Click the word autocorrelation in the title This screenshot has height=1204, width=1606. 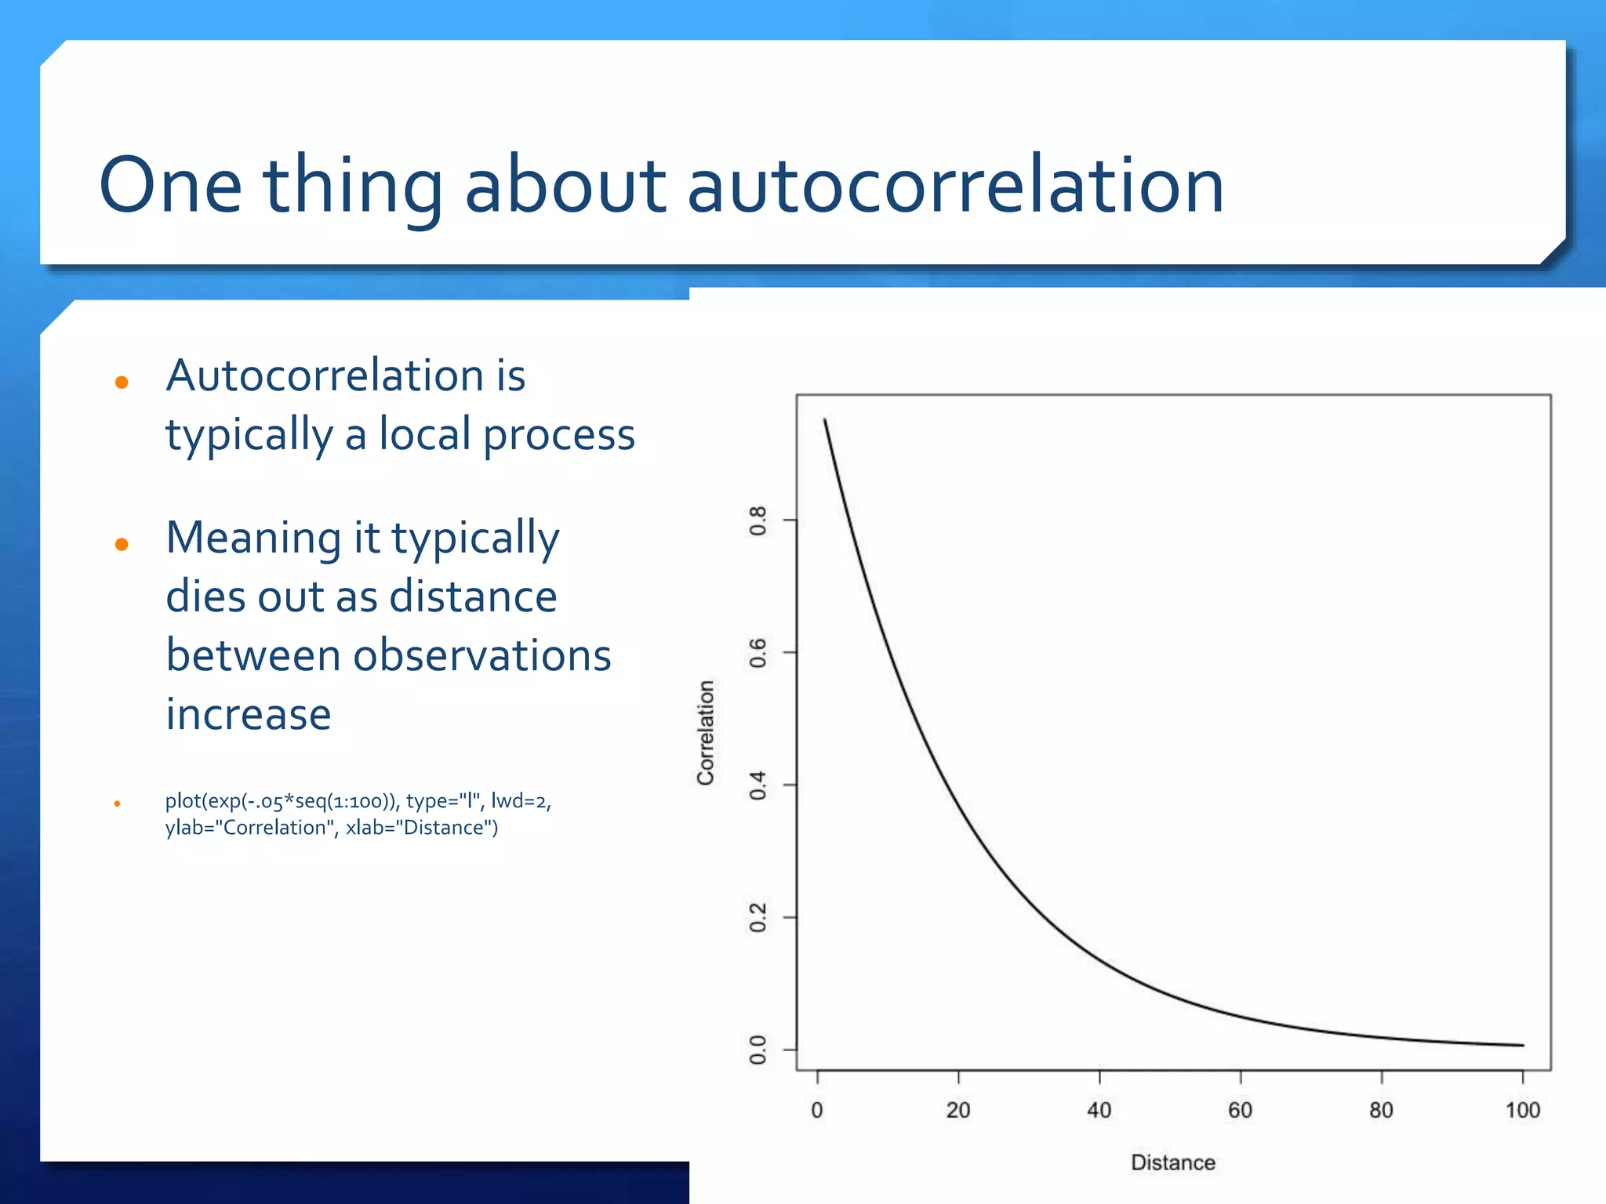pos(954,187)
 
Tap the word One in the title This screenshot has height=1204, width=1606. pos(170,187)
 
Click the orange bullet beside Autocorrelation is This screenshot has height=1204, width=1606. pos(122,383)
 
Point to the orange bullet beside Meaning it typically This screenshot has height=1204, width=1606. pos(122,544)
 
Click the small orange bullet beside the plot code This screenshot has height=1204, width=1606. pos(117,803)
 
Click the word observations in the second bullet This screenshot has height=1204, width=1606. pos(481,655)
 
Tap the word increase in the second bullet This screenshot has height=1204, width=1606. pos(248,714)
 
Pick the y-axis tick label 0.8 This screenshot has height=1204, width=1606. pos(758,520)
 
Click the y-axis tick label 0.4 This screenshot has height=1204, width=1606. pos(758,785)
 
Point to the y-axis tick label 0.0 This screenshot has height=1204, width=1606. pos(758,1050)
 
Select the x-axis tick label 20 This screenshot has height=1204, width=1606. pos(958,1110)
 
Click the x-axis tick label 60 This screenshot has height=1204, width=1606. pos(1240,1110)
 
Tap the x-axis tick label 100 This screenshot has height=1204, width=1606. pos(1522,1110)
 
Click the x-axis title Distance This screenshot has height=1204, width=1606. pos(1172,1162)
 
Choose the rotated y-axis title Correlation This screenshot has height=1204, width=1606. pos(706,732)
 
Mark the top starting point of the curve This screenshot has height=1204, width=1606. pos(825,421)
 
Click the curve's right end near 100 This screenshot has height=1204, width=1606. pos(1521,1045)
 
